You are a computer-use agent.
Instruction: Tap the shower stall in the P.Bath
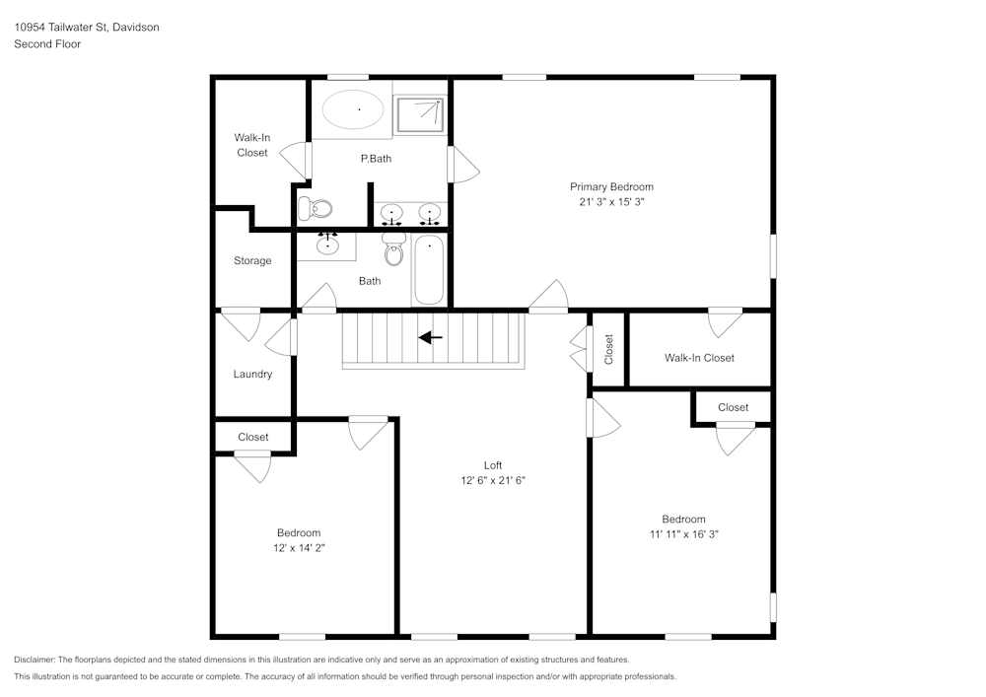click(419, 114)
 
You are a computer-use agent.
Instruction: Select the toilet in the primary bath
click(317, 208)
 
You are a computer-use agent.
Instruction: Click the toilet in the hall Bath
click(394, 250)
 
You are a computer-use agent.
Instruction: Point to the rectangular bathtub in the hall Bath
click(429, 270)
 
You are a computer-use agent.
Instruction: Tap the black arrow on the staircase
click(431, 337)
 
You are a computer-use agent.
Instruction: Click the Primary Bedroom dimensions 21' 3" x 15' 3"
click(611, 201)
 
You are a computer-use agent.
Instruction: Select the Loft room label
click(493, 465)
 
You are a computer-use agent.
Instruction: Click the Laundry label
click(252, 375)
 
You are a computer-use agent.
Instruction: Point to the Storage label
click(252, 261)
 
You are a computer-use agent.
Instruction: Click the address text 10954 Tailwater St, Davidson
click(87, 28)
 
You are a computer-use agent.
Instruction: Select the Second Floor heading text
click(47, 44)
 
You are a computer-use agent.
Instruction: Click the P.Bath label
click(375, 158)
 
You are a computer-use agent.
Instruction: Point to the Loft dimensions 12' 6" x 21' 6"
click(493, 481)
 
